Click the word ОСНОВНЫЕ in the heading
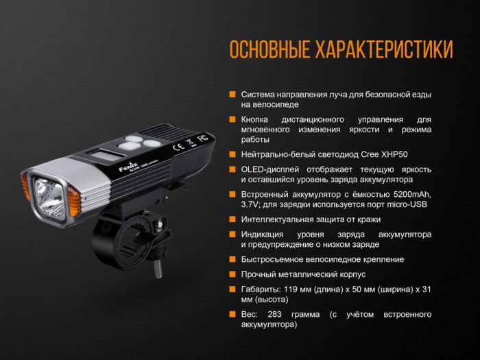(x=268, y=50)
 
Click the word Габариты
(x=260, y=289)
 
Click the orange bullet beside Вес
(x=233, y=314)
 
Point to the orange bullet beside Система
(x=233, y=95)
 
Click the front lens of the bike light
(x=47, y=189)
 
